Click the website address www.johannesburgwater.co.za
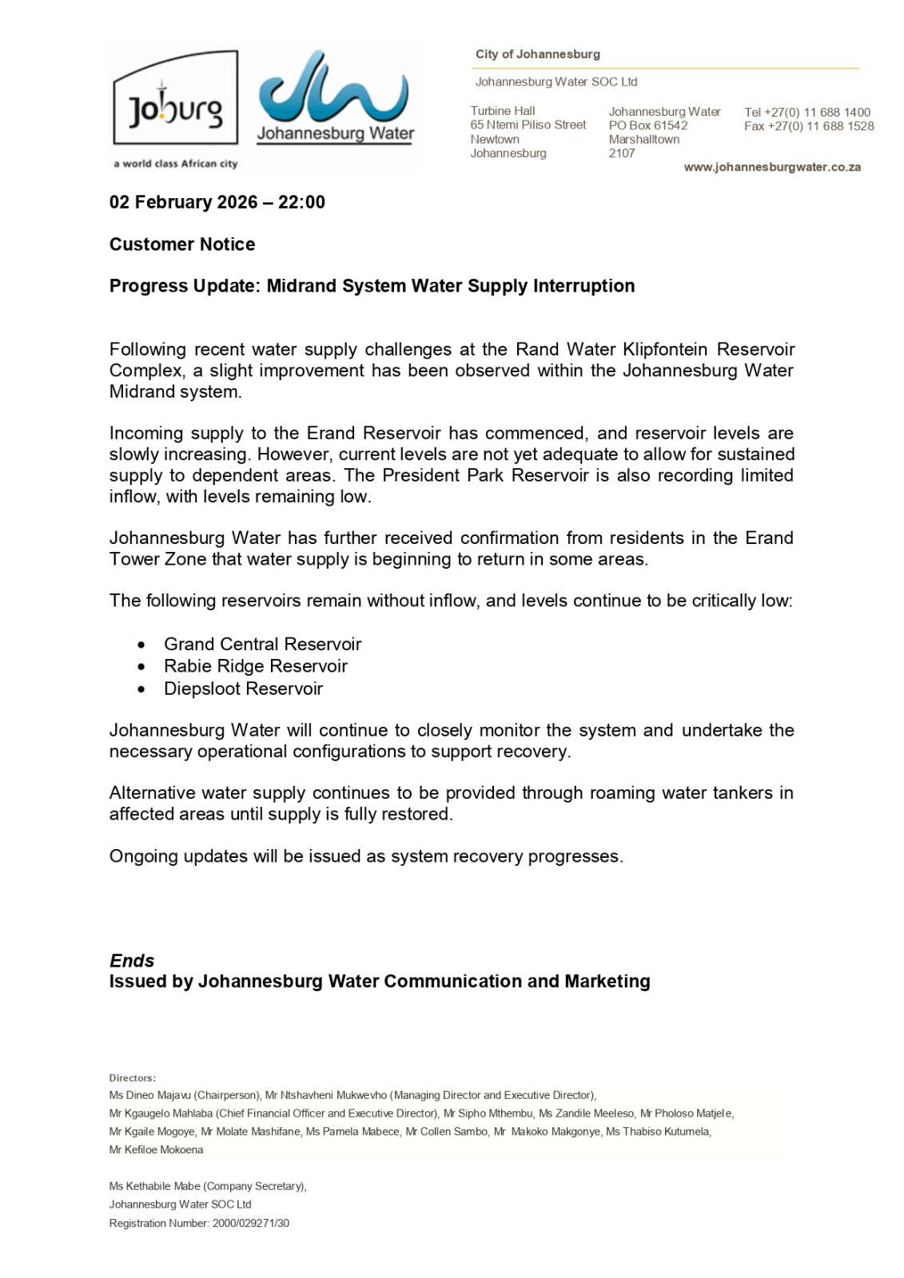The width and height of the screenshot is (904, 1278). click(x=771, y=167)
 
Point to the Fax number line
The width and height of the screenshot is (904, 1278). click(x=809, y=126)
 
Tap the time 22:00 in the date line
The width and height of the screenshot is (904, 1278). click(x=301, y=202)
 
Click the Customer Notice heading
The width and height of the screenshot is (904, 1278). click(x=182, y=244)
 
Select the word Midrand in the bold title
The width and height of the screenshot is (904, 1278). click(x=301, y=286)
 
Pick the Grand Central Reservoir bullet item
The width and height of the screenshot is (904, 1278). click(x=262, y=644)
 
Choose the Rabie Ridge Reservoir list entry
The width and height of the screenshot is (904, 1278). click(x=256, y=666)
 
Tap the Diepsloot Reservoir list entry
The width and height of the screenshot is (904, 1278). click(x=243, y=689)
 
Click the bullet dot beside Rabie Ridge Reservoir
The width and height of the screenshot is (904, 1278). click(x=141, y=666)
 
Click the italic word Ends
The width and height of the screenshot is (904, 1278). click(x=132, y=961)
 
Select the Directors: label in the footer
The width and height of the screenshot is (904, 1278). click(x=133, y=1078)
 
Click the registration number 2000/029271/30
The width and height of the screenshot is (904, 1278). click(x=251, y=1223)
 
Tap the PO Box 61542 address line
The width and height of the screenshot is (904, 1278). click(x=648, y=125)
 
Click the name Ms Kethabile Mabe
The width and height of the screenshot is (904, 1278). click(x=155, y=1186)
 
